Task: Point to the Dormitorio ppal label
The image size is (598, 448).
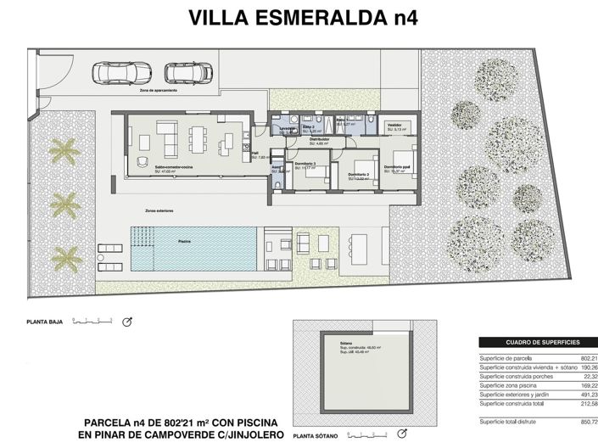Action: (396, 167)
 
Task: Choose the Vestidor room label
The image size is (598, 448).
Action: (394, 125)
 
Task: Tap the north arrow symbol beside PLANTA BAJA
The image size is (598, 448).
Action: (129, 322)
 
